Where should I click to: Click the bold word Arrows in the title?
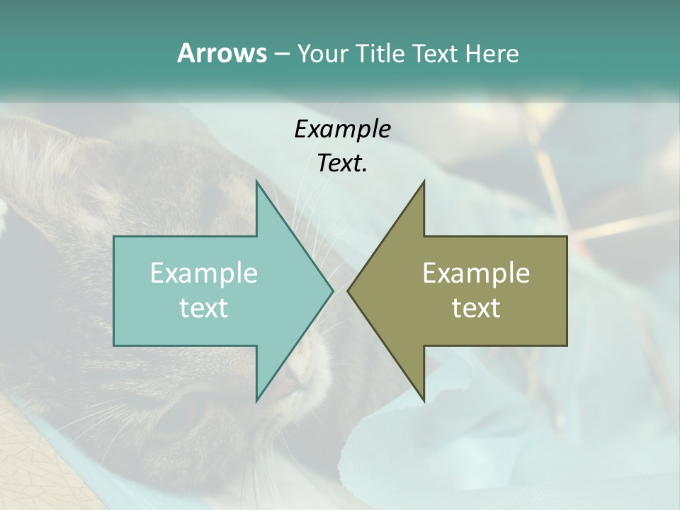[221, 54]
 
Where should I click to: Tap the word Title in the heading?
[380, 54]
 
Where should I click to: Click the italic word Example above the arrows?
[342, 129]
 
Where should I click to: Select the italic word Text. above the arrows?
[342, 163]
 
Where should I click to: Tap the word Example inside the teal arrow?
[204, 273]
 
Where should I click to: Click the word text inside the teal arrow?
[204, 308]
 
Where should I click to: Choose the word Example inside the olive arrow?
[476, 273]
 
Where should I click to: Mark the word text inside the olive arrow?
[476, 308]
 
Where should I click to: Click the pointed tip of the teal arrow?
[332, 290]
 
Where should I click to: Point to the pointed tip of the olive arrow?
[348, 290]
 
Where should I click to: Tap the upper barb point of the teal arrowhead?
[257, 182]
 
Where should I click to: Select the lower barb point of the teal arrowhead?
[257, 400]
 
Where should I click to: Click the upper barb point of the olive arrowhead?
[424, 182]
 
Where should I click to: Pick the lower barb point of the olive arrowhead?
[424, 400]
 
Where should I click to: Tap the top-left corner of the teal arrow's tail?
[115, 237]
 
